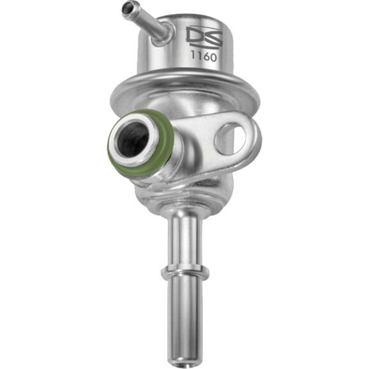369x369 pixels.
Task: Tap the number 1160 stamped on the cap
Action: click(204, 57)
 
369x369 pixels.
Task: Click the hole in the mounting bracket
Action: click(231, 137)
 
